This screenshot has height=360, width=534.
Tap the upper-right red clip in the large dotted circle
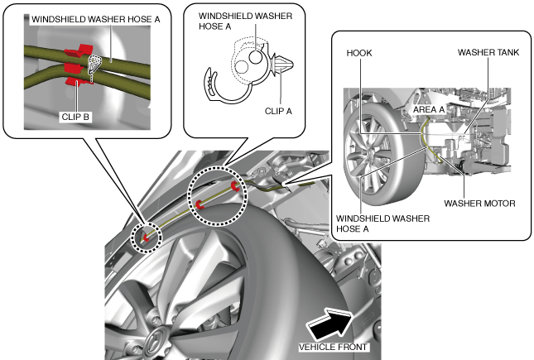(x=236, y=187)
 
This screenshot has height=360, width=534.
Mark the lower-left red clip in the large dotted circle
(x=200, y=204)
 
